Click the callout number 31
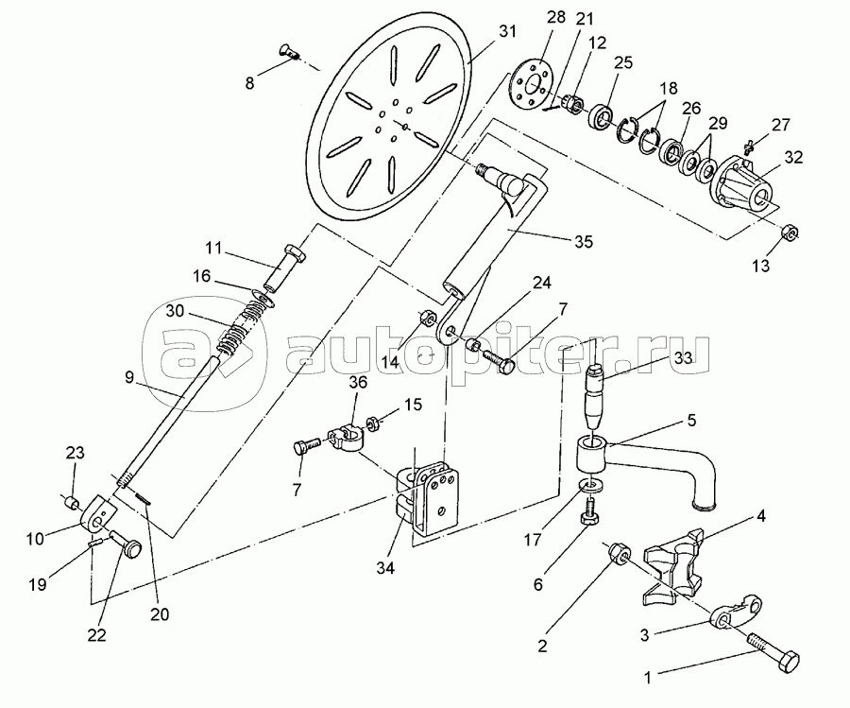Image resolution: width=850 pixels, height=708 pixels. [507, 31]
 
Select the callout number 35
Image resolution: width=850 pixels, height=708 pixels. [584, 241]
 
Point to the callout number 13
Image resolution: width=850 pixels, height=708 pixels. [761, 266]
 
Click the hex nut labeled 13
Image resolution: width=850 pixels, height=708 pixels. [790, 233]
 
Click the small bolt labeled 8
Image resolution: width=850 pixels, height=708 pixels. [290, 52]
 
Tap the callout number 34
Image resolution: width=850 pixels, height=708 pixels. [386, 567]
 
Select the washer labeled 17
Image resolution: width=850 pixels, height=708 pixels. [591, 483]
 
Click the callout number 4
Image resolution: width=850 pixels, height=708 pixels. [760, 516]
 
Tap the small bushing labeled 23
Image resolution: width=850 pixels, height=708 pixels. [70, 502]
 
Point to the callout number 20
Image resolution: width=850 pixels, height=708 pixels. [160, 613]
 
